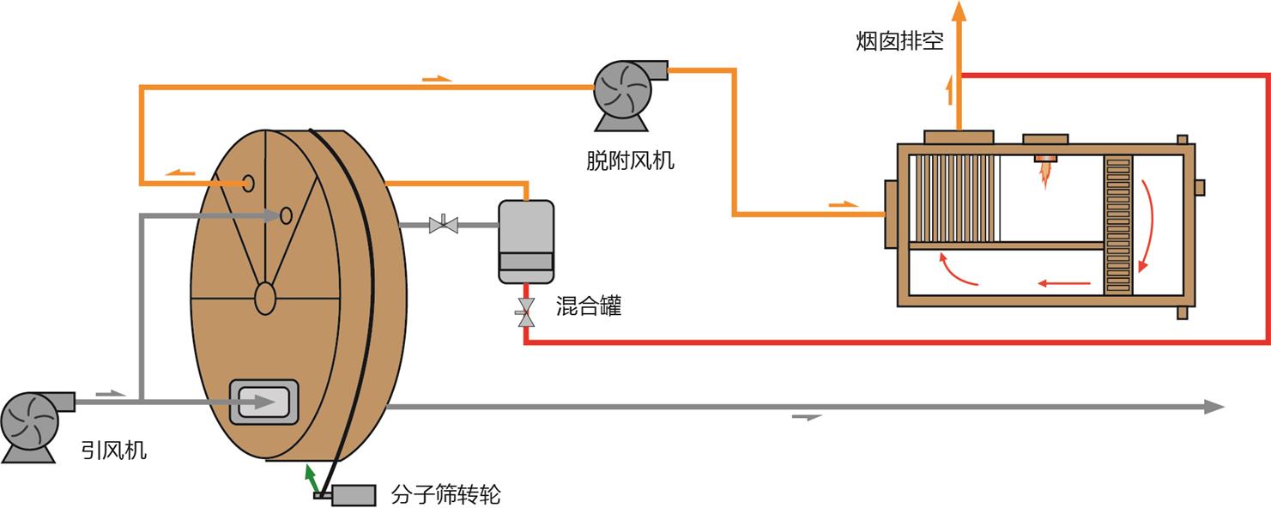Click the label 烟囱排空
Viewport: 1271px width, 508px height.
pos(899,41)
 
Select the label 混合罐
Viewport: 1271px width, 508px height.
pos(588,305)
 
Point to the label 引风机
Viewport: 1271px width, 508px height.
pos(114,451)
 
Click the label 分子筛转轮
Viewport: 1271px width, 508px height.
pos(445,494)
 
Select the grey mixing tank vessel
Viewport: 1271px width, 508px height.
pos(526,241)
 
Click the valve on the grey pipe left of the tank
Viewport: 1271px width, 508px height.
pos(444,226)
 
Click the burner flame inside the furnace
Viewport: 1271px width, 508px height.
pos(1045,174)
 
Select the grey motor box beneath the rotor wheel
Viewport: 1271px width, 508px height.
pos(354,495)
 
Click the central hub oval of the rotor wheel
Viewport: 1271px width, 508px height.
pos(265,297)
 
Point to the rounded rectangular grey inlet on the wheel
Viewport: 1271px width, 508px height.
pos(263,402)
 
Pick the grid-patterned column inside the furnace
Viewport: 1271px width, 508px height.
pos(1118,225)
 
